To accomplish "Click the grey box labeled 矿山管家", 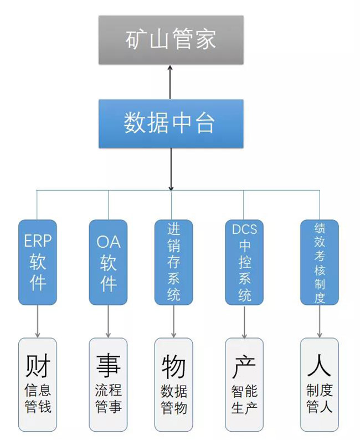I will (x=171, y=40).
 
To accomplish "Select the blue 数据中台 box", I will (x=171, y=124).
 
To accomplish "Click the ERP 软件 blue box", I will (x=38, y=262).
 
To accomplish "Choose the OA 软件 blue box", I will (x=108, y=262).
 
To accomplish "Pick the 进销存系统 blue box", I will (x=173, y=262).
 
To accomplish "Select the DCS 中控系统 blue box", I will (x=244, y=262).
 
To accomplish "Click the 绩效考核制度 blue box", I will (x=319, y=262).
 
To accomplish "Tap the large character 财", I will (x=38, y=366).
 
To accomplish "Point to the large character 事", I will (x=108, y=366).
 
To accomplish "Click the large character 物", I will (x=173, y=366).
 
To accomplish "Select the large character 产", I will (x=244, y=366).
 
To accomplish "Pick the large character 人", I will (x=319, y=366).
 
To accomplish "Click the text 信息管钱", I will (x=38, y=399).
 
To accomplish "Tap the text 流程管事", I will (x=108, y=399).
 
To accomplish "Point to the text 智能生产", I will (x=244, y=399).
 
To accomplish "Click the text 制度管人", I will (x=319, y=399).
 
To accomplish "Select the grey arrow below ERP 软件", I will (x=38, y=321).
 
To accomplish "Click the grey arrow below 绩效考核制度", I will (x=319, y=321).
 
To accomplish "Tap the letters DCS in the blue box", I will (x=244, y=228).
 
